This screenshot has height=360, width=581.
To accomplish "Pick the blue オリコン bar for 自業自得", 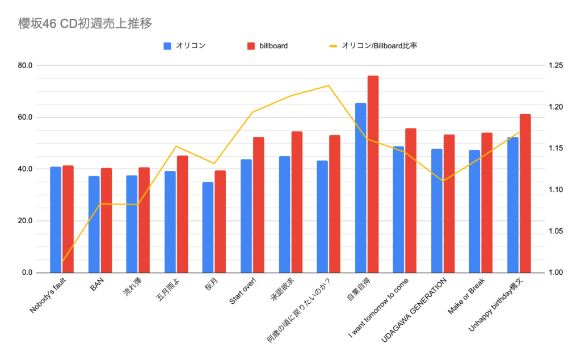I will coord(360,187).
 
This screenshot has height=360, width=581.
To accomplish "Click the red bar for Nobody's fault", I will coord(68,219).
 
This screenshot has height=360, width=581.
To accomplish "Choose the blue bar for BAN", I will coord(94,224).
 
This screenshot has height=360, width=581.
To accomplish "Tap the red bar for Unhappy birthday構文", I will coord(525,193).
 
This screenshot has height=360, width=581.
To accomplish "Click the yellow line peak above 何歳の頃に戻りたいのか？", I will coord(328,86).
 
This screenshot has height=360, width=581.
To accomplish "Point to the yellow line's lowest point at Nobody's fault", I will coord(62,262).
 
